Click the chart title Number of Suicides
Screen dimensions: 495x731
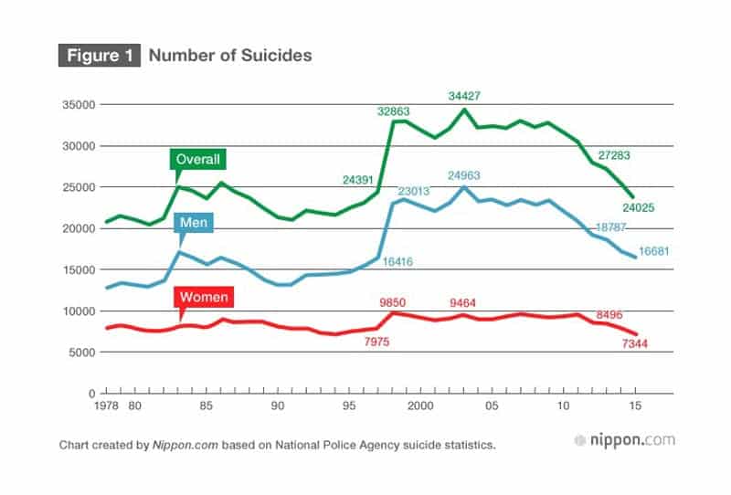pyautogui.click(x=230, y=56)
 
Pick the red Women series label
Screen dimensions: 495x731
pyautogui.click(x=204, y=297)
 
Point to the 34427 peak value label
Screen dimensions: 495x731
pyautogui.click(x=466, y=95)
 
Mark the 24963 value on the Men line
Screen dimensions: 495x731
pyautogui.click(x=466, y=174)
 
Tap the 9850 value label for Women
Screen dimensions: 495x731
pyautogui.click(x=397, y=302)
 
